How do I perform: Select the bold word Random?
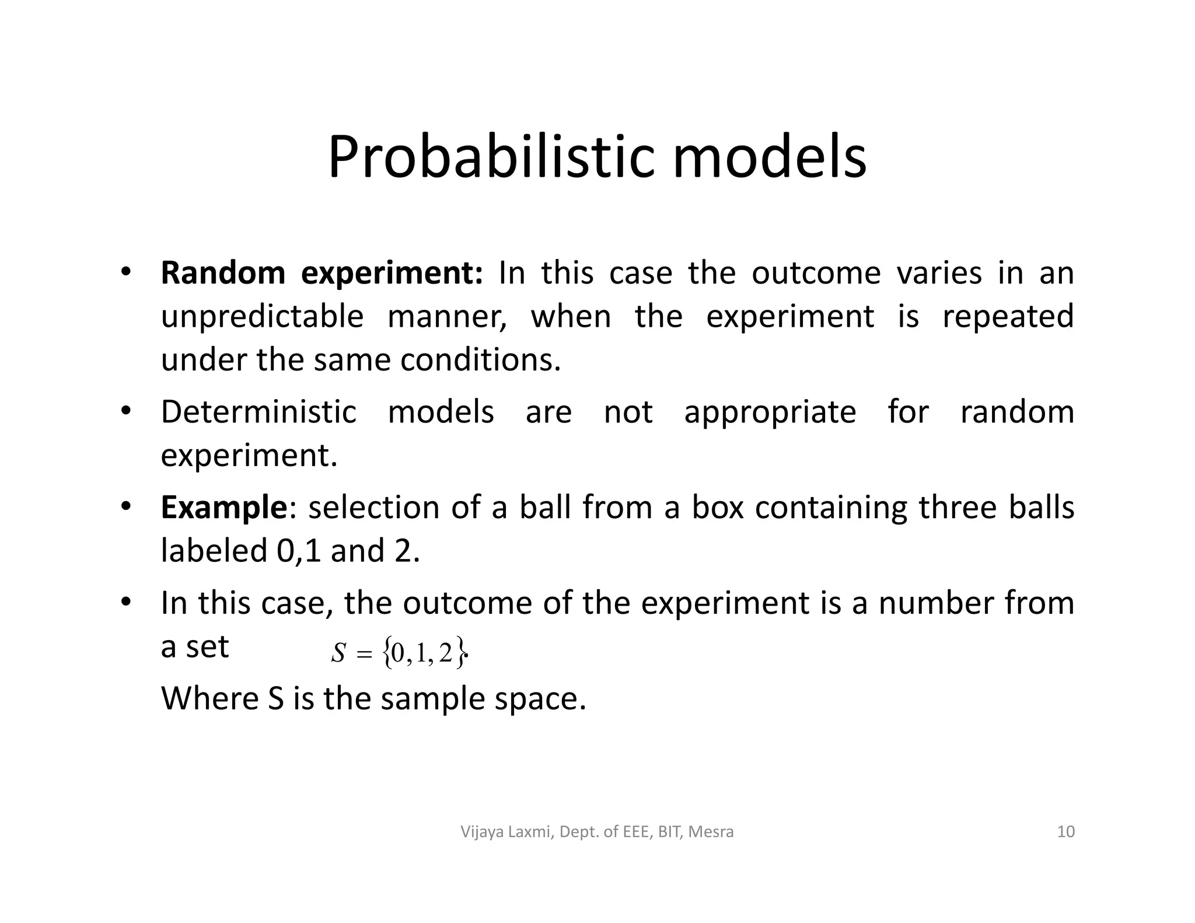(223, 273)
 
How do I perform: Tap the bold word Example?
(224, 508)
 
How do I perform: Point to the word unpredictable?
(262, 317)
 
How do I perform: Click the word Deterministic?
(258, 412)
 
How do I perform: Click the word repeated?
(1008, 317)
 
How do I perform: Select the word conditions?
(480, 360)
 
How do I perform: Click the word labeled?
(214, 551)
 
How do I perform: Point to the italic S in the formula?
(338, 654)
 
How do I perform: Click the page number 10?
(1065, 831)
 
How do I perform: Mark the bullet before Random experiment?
(125, 272)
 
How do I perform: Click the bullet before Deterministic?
(125, 411)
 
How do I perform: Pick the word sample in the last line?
(432, 699)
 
